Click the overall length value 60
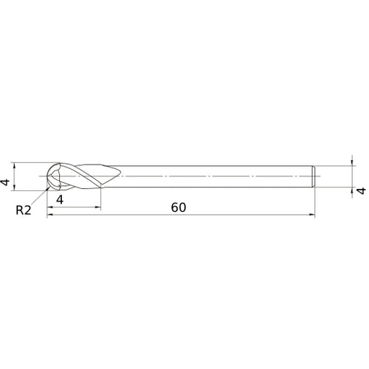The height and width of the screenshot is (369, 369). [177, 207]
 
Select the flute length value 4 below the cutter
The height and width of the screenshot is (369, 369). [58, 199]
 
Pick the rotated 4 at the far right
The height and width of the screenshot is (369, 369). [361, 190]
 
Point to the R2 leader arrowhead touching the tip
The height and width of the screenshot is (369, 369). [51, 185]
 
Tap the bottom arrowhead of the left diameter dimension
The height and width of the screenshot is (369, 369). [15, 188]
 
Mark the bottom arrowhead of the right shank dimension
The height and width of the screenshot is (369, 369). [350, 190]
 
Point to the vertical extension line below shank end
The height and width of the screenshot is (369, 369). [314, 203]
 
